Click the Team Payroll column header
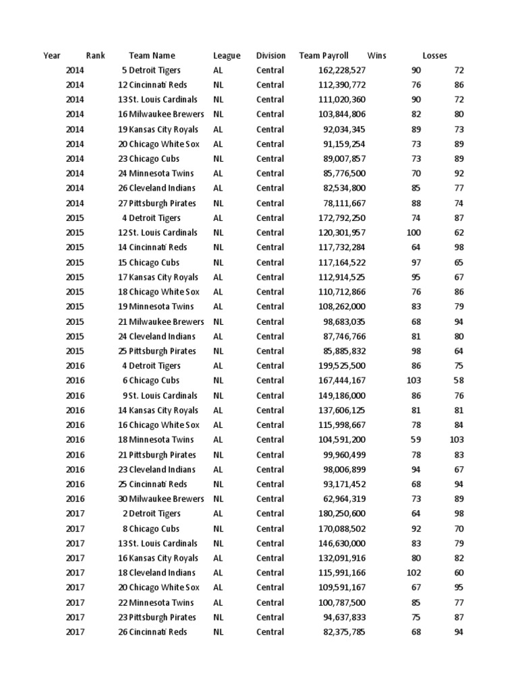pyautogui.click(x=324, y=56)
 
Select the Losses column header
pyautogui.click(x=434, y=56)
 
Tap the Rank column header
pyautogui.click(x=95, y=56)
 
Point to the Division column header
pyautogui.click(x=270, y=56)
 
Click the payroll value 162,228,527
pyautogui.click(x=341, y=70)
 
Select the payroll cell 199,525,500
pyautogui.click(x=341, y=366)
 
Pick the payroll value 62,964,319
pyautogui.click(x=344, y=499)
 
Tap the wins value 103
pyautogui.click(x=413, y=381)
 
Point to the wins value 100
pyautogui.click(x=413, y=232)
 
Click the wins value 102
pyautogui.click(x=413, y=573)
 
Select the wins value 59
pyautogui.click(x=415, y=440)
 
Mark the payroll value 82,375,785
pyautogui.click(x=344, y=632)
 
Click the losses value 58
pyautogui.click(x=459, y=381)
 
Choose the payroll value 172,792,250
pyautogui.click(x=341, y=218)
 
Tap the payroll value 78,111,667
pyautogui.click(x=344, y=203)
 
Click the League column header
pyautogui.click(x=227, y=56)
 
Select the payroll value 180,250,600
pyautogui.click(x=341, y=514)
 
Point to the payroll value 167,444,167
pyautogui.click(x=341, y=381)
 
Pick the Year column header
pyautogui.click(x=52, y=56)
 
